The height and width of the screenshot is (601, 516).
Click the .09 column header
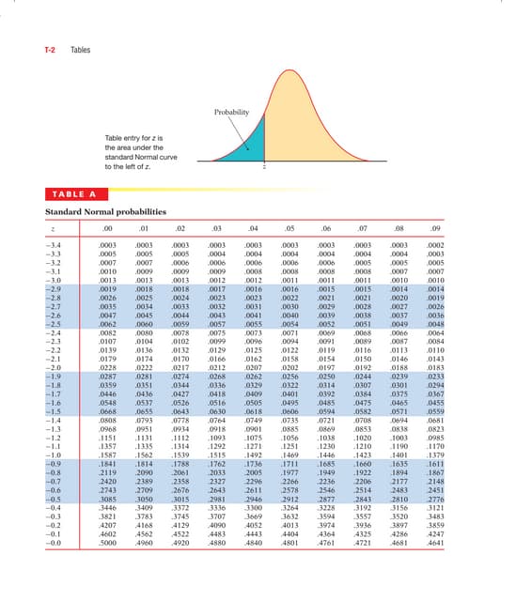(432, 227)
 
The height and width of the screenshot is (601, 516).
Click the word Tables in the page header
(82, 50)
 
